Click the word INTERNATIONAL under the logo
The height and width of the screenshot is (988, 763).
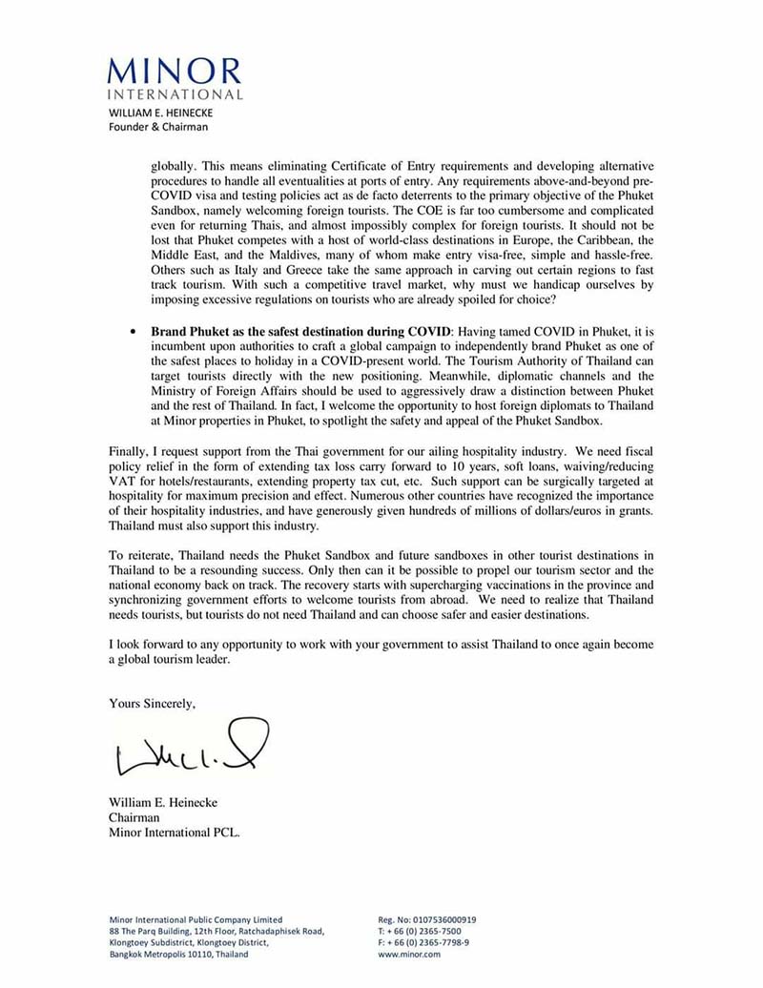175,94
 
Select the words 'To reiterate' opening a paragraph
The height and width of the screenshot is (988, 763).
139,554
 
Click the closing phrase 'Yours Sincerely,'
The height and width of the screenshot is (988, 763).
153,704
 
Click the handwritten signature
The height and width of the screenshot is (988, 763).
191,750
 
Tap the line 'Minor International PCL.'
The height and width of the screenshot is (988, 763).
175,832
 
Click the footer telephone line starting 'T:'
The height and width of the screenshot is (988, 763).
420,932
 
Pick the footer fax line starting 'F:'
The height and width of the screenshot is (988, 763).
423,942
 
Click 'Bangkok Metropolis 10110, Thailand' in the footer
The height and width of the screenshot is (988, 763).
179,954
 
